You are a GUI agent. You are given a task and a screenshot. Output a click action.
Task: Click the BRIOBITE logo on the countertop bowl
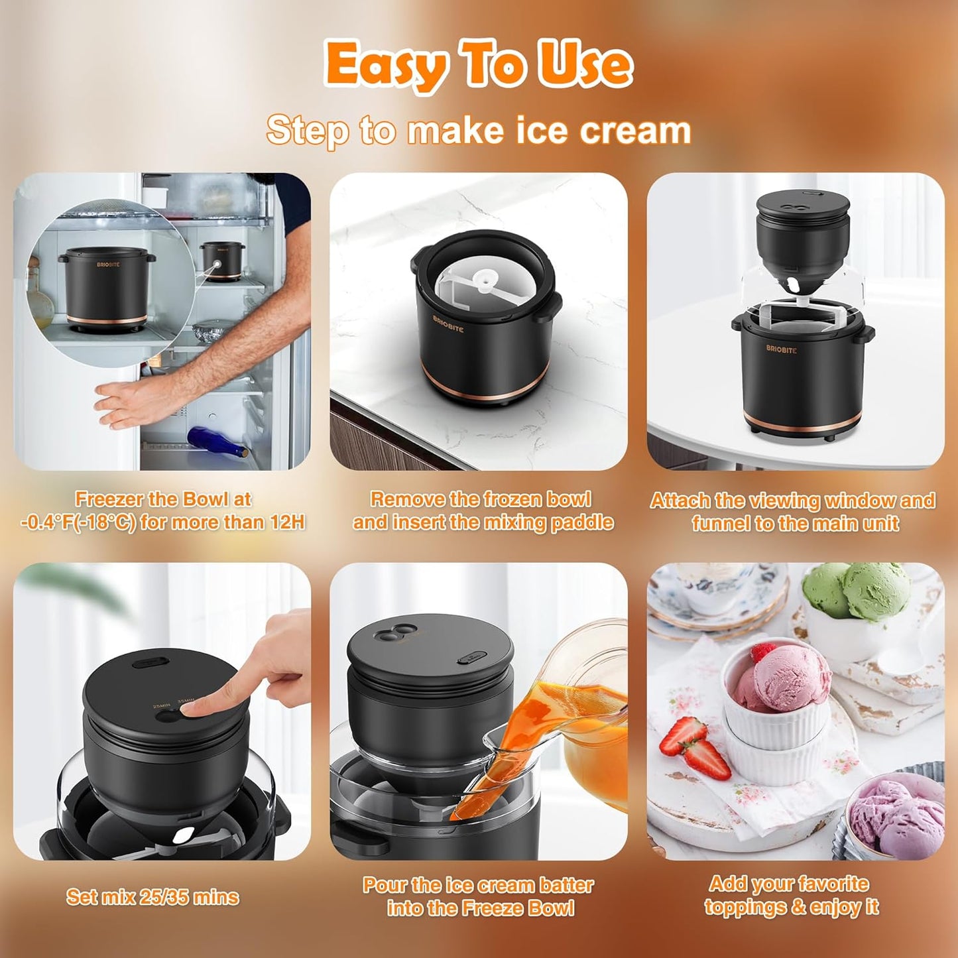point(448,324)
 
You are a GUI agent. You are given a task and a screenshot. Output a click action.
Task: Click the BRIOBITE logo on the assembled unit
point(782,349)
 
